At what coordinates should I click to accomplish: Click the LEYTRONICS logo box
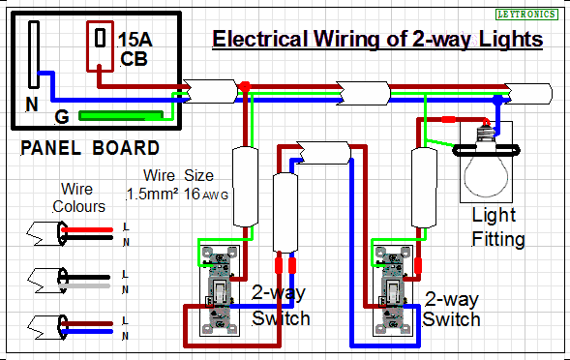point(526,15)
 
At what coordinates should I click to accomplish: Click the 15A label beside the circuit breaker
point(135,40)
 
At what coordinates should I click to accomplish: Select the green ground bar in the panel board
point(121,115)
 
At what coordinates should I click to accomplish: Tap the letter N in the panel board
point(32,105)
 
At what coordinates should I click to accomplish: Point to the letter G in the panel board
point(61,117)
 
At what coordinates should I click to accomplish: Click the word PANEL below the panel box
point(50,148)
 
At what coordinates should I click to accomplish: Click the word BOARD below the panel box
point(126,148)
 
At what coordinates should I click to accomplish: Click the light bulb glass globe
point(486,175)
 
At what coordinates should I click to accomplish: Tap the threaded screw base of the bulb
point(486,134)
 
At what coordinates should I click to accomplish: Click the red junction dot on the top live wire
point(245,86)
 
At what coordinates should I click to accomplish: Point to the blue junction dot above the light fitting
point(498,99)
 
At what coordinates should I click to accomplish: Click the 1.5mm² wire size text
point(152,194)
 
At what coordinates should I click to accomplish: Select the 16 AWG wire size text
point(206,194)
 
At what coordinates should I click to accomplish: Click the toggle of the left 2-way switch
point(220,291)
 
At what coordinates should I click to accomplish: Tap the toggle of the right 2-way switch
point(393,291)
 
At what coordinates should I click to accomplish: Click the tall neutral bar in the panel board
point(34,54)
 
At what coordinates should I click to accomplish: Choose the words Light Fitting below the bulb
point(498,227)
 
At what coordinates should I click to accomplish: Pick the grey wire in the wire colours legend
point(84,286)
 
